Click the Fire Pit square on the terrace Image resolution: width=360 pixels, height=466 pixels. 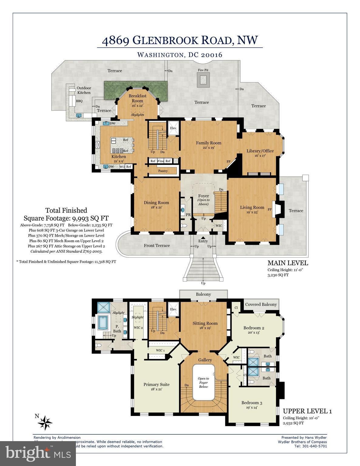pos(202,80)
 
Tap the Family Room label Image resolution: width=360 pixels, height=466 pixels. pos(209,143)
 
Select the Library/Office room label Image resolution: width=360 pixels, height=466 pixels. pos(260,151)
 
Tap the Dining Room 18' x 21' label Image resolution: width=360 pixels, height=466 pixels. pos(156,205)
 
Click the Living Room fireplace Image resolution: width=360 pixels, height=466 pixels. pos(277,209)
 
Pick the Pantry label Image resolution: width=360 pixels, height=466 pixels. pos(163,171)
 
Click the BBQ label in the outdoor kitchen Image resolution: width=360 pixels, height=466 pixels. pos(79,101)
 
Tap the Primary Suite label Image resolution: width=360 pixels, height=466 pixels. pos(156,384)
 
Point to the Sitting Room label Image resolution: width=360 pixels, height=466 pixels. pos(205,323)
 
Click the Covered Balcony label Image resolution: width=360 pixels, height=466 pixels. pos(261,304)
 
